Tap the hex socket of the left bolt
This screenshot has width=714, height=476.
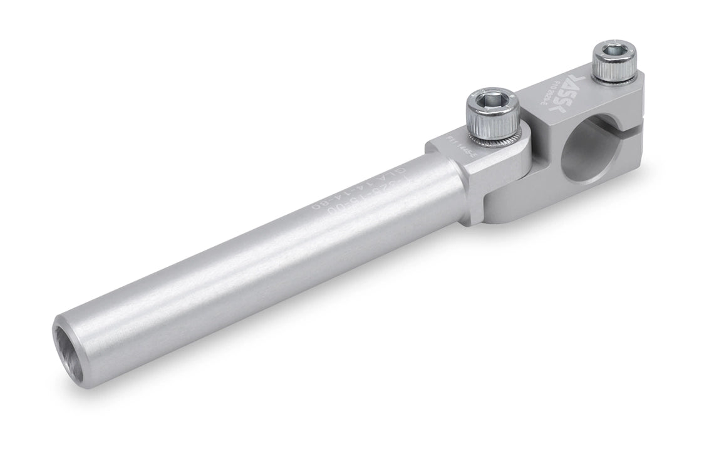click(490, 99)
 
